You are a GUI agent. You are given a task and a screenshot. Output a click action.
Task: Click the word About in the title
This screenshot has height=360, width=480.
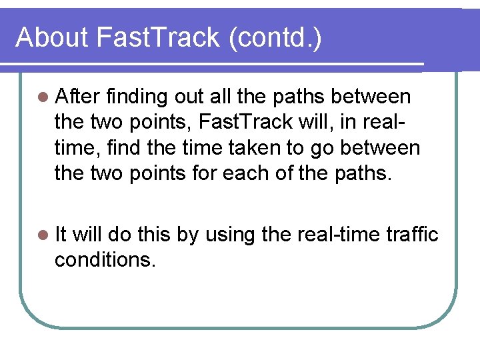tap(52, 37)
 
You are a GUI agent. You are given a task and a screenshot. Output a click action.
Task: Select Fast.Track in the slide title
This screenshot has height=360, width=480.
tap(158, 37)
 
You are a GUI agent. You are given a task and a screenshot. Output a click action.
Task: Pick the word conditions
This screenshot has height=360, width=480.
tap(105, 259)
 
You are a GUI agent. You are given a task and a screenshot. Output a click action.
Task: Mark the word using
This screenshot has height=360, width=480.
tap(228, 235)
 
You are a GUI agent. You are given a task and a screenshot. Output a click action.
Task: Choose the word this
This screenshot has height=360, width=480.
tap(154, 234)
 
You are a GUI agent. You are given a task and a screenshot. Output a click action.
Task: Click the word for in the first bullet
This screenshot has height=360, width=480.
tap(220, 173)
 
